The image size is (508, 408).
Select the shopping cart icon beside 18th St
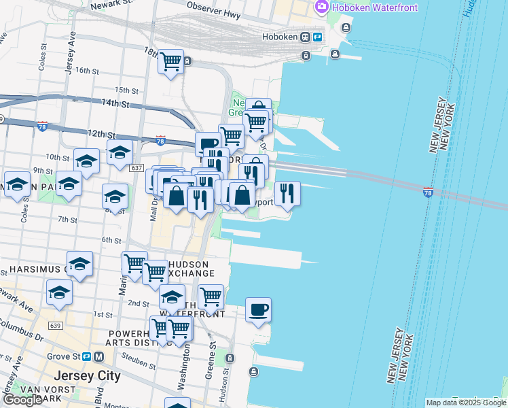[x=170, y=63]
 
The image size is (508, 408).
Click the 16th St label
[x=88, y=70]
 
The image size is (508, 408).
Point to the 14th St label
[x=115, y=104]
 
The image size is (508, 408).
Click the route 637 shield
[x=136, y=167]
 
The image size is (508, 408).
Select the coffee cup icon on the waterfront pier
[x=258, y=311]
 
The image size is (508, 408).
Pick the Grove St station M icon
[x=98, y=356]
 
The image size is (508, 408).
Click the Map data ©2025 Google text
[x=466, y=403]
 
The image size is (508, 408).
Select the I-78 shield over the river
[x=428, y=193]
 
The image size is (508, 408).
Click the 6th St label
[x=111, y=240]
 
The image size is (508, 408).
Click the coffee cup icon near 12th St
[x=208, y=143]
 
